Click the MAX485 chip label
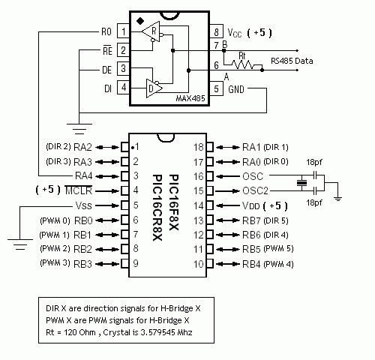(x=190, y=98)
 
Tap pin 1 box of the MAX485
(x=123, y=31)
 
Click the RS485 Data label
(x=292, y=61)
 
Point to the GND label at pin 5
(x=236, y=89)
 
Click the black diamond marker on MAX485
(x=140, y=21)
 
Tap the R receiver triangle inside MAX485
(x=151, y=31)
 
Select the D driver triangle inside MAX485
(x=154, y=88)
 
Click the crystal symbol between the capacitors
(x=301, y=183)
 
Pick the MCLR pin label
(x=79, y=190)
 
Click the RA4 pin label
(x=84, y=175)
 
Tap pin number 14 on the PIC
(x=199, y=205)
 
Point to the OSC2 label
(x=255, y=190)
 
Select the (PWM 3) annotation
(x=55, y=263)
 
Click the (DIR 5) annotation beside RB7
(x=276, y=220)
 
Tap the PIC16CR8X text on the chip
(x=157, y=208)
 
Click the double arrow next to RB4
(x=228, y=264)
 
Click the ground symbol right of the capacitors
(x=337, y=199)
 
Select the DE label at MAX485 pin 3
(x=107, y=70)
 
